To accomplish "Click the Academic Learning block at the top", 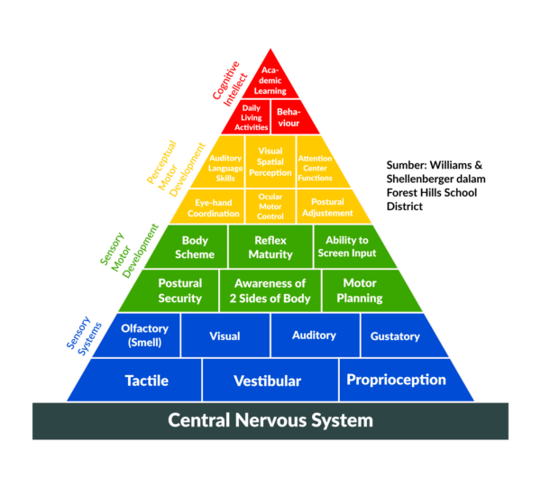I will tap(270, 78).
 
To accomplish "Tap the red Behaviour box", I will tap(290, 117).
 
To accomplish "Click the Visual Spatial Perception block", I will tap(270, 161).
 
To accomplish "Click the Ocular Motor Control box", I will tap(270, 207).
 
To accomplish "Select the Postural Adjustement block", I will tap(327, 207).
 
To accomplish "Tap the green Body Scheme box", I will tap(195, 247).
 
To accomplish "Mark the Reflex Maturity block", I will tap(270, 247).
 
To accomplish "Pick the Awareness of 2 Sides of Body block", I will tap(270, 290).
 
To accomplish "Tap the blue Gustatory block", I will tap(395, 336).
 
